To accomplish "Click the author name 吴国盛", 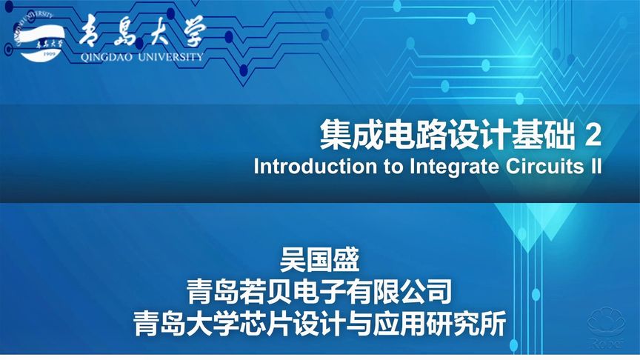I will point(319,261).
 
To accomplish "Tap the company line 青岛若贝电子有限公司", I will point(319,293).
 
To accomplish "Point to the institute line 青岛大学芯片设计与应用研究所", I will point(319,324).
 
